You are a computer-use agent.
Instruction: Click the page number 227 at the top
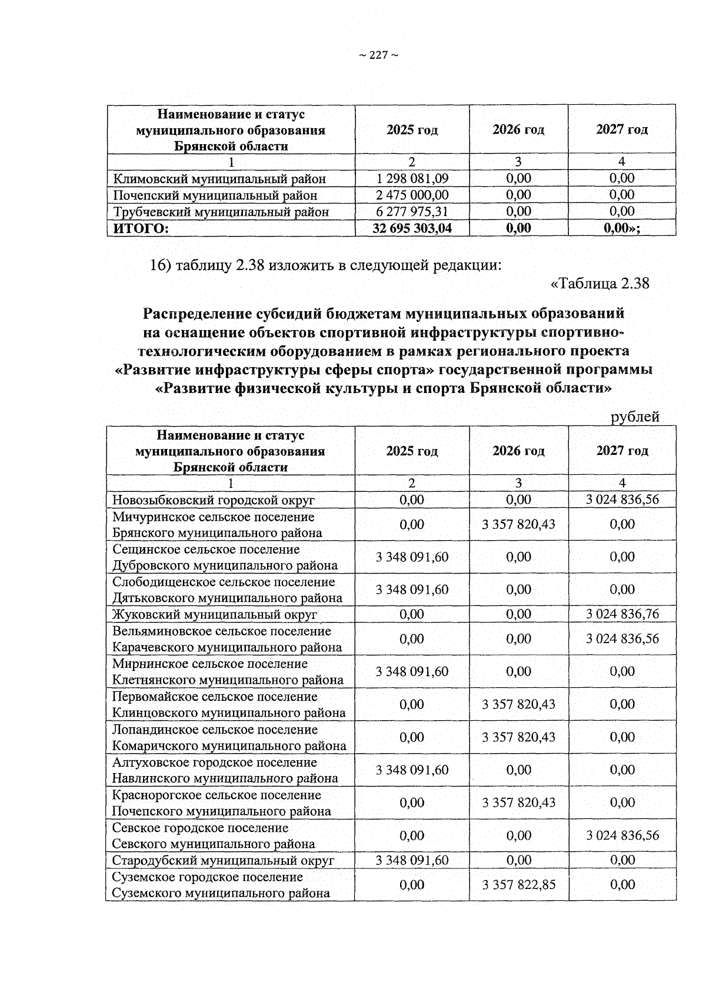coord(378,55)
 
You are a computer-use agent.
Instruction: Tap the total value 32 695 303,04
coord(412,228)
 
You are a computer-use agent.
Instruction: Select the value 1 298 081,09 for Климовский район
coord(412,178)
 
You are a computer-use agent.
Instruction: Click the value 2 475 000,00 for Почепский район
coord(412,195)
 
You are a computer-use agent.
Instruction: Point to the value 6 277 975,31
coord(412,211)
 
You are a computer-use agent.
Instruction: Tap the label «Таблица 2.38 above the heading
coord(600,283)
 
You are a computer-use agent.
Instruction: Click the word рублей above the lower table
coord(635,417)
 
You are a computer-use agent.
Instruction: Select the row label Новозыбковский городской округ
coord(214,500)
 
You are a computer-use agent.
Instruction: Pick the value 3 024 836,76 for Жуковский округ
coord(622,614)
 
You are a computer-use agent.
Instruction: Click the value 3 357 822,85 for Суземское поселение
coord(518,884)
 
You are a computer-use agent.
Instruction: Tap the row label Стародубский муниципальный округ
coord(224,860)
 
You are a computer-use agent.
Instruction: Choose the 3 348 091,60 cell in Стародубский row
coord(412,860)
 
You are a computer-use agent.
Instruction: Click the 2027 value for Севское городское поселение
coord(622,835)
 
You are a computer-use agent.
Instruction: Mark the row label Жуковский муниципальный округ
coord(215,614)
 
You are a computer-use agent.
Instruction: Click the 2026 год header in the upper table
coord(518,129)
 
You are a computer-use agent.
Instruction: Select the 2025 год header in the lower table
coord(412,451)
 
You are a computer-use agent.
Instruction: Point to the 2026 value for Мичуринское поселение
coord(518,524)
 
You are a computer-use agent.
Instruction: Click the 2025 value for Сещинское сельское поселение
coord(412,557)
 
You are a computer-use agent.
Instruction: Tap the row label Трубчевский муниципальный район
coord(221,211)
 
